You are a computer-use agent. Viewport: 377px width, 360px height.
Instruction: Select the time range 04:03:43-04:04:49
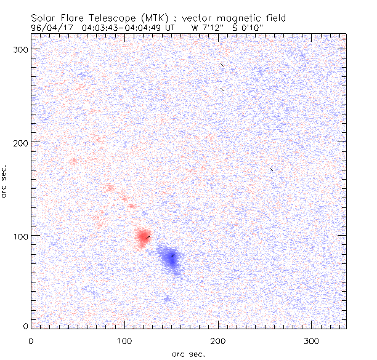click(123, 28)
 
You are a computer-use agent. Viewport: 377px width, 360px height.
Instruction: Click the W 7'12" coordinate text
click(206, 28)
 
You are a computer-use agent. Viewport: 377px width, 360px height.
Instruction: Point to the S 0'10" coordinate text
click(247, 28)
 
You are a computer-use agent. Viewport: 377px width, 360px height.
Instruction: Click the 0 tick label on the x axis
click(31, 340)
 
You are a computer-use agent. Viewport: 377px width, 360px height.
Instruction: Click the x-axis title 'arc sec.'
click(188, 354)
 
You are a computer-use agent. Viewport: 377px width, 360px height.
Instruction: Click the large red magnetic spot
click(142, 237)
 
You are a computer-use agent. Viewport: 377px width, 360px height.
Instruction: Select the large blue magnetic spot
click(171, 259)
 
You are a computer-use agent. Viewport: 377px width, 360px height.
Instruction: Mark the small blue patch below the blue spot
click(167, 298)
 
